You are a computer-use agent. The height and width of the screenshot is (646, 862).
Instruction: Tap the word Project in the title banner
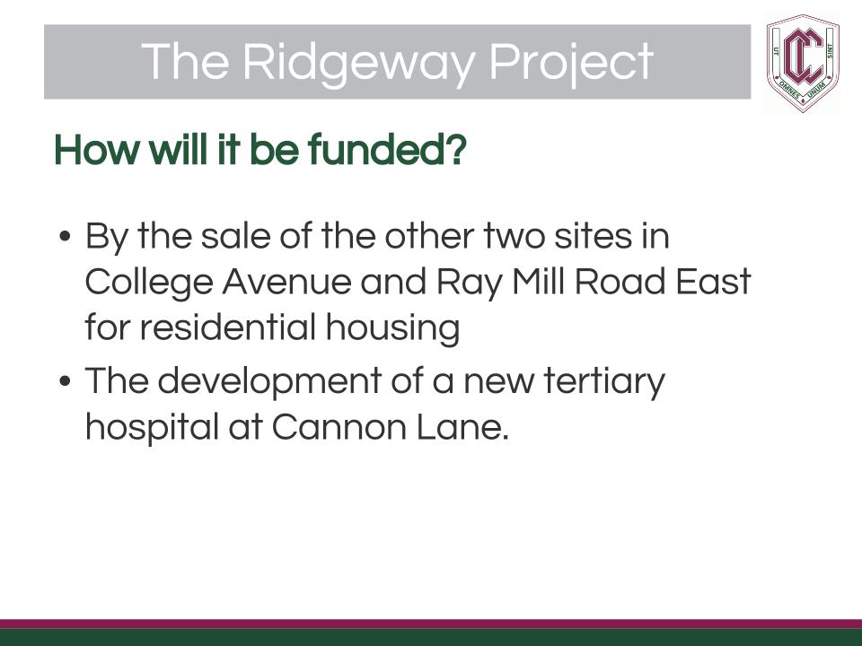tap(571, 63)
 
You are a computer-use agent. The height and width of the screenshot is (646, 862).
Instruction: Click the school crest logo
tap(803, 63)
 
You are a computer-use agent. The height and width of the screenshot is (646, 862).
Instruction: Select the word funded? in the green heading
tap(387, 150)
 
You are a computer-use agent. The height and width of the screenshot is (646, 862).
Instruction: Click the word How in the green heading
tap(97, 150)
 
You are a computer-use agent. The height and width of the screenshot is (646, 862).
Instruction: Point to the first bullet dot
tap(65, 237)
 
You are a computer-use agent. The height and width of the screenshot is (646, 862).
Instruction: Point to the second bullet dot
tap(65, 380)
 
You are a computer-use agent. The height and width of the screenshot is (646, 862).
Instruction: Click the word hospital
tap(152, 427)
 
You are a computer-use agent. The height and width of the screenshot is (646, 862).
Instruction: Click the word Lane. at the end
tap(462, 427)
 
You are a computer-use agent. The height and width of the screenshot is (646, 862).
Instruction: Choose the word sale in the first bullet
tap(235, 236)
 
